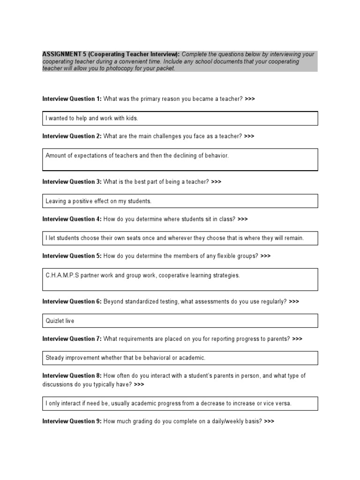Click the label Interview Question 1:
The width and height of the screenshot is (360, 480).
(x=72, y=99)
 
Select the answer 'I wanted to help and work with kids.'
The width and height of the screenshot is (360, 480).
(x=92, y=118)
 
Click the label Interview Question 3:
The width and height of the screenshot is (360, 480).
(x=72, y=182)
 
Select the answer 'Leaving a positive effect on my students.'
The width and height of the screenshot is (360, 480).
(x=98, y=201)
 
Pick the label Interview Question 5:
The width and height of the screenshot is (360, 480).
(x=72, y=256)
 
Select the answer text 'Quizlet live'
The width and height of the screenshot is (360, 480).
(x=60, y=321)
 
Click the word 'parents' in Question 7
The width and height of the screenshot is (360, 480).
(x=280, y=339)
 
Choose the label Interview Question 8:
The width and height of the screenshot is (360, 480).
(x=72, y=375)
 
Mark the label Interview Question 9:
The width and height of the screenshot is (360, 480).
(x=72, y=421)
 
